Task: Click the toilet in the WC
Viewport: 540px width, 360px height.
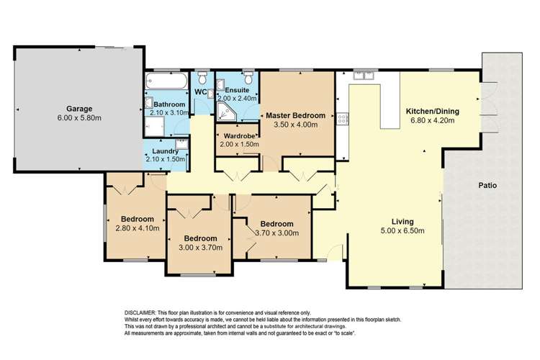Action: coord(204,78)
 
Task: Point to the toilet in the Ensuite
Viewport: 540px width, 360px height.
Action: coord(248,78)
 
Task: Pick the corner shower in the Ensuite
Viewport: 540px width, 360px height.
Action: coord(224,109)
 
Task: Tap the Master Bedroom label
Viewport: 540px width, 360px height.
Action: coord(296,115)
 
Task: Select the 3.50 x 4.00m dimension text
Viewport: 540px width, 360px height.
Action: coord(296,125)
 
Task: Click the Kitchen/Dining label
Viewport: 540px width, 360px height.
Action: coord(433,112)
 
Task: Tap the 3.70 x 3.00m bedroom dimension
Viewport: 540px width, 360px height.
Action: coord(276,233)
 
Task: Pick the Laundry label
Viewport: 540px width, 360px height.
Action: coord(165,151)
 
